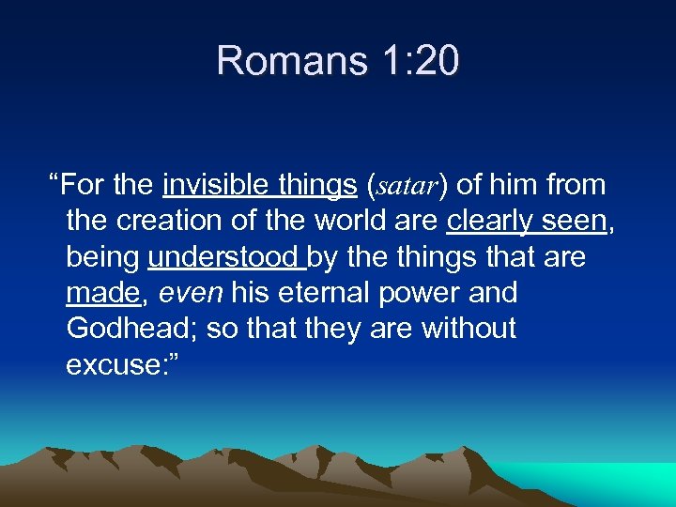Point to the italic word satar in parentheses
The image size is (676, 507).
pos(406,186)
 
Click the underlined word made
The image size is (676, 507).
pos(102,292)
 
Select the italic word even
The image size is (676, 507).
pos(192,292)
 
